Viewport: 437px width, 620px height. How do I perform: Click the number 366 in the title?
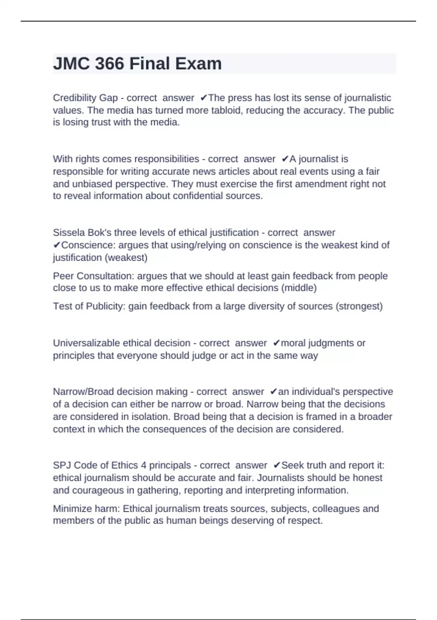(109, 64)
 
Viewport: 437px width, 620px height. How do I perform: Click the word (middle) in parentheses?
(298, 288)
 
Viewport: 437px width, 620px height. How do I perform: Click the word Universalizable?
(85, 343)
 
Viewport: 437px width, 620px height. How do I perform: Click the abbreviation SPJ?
(62, 465)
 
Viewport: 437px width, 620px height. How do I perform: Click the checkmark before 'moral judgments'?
(276, 343)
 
